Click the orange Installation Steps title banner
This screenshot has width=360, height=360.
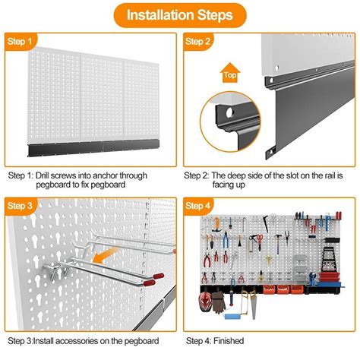click(x=179, y=15)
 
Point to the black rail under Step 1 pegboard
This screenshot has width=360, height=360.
click(x=90, y=143)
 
